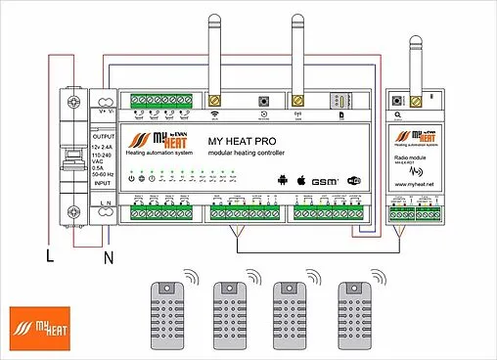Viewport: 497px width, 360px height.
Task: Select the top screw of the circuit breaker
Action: [x=73, y=102]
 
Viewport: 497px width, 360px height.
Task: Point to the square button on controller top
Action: [x=263, y=102]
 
